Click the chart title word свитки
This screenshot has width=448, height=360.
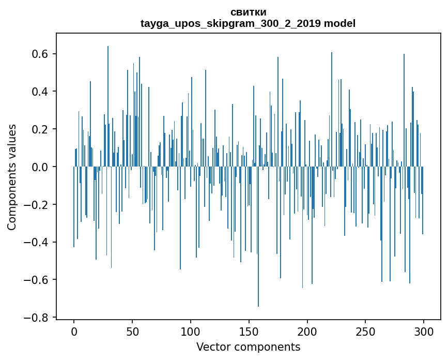248,12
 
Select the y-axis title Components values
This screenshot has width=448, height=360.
12,177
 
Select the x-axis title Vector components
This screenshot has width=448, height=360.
248,347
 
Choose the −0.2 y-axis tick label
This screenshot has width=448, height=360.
38,204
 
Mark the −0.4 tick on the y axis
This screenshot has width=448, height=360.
38,242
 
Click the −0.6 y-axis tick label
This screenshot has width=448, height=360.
38,280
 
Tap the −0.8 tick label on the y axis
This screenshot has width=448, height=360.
38,317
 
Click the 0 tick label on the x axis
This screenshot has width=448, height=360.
74,331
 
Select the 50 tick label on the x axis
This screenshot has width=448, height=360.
132,331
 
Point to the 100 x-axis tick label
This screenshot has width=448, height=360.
191,331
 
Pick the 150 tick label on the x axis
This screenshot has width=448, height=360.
249,331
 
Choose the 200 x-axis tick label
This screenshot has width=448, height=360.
307,331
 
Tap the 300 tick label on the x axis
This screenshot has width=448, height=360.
424,331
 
